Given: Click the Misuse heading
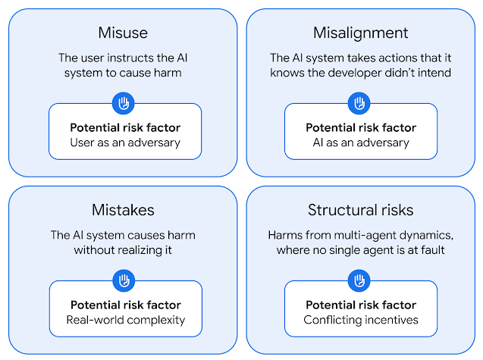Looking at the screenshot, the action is coord(123,33).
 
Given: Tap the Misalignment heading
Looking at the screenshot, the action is coord(360,33).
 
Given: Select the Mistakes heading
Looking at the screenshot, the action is coord(123,210).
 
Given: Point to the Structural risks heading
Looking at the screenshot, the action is coord(360,210).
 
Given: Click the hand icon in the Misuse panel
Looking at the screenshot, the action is coord(123,103).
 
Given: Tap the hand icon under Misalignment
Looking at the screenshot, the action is coord(359,103).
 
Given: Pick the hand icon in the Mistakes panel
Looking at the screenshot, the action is coord(124,280).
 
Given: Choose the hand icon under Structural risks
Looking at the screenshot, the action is coord(359,280).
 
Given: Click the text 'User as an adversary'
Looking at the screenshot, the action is coord(125,143).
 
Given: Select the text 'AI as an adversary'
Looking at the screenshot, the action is coord(361,143).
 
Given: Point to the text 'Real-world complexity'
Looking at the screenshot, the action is coord(126,321).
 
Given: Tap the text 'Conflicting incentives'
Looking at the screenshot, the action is coord(361,321).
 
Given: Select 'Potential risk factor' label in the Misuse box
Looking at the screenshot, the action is coord(125,127).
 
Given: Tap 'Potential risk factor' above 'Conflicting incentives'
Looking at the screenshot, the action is coord(361,305).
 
